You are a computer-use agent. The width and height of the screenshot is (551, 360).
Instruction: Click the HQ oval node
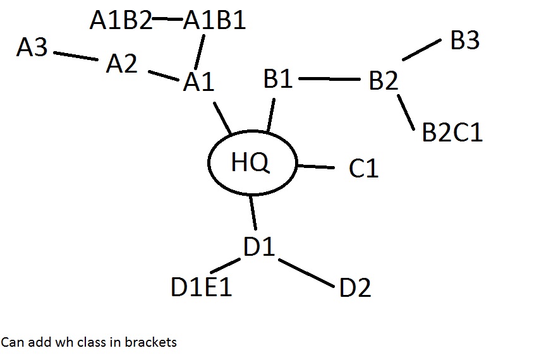[x=251, y=163]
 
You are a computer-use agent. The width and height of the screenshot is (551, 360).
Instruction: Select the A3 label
[x=32, y=47]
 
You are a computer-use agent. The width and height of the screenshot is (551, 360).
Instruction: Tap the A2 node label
[x=122, y=64]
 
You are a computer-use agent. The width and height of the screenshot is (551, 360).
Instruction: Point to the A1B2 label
[x=121, y=21]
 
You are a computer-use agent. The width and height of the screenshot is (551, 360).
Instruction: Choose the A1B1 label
[x=214, y=21]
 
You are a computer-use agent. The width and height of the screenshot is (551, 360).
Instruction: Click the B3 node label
[x=465, y=41]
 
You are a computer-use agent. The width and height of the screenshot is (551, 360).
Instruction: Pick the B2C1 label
[x=452, y=133]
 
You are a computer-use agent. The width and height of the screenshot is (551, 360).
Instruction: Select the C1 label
[x=363, y=169]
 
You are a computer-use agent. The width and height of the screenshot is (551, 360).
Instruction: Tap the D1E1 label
[x=202, y=288]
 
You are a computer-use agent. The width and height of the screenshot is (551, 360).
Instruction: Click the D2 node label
[x=355, y=288]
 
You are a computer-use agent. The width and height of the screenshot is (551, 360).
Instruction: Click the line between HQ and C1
[x=315, y=167]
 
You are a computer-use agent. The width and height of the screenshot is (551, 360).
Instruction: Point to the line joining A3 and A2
[x=76, y=56]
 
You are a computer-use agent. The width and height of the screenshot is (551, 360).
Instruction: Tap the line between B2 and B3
[x=421, y=51]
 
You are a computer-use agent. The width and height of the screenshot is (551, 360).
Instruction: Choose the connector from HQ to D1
[x=253, y=212]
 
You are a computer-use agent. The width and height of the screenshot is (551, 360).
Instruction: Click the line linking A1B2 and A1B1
[x=167, y=18]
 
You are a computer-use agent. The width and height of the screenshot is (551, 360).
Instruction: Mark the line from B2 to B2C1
[x=406, y=112]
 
